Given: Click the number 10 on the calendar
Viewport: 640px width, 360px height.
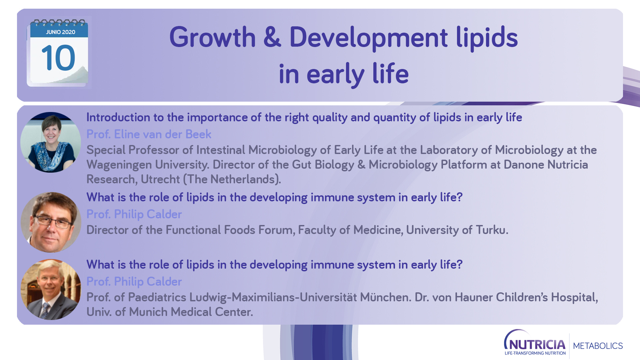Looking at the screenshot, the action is pos(58,58).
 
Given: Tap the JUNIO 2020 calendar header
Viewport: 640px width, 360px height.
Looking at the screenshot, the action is pos(60,32).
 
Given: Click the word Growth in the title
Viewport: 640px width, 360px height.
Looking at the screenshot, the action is pos(212,37).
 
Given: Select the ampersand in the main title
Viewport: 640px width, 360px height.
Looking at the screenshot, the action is pos(272,37).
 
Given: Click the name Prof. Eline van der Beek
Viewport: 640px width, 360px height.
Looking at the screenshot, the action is pos(149,134).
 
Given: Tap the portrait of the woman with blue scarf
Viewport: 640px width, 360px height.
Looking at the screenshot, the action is pos(51,142).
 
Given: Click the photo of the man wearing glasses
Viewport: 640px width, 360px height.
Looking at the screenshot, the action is pos(51,222).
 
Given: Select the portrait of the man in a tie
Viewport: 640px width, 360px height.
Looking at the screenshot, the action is pos(51,290).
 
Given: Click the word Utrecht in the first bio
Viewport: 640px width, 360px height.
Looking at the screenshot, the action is pos(160,179).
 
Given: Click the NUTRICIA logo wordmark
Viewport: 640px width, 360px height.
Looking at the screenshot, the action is pos(535,343).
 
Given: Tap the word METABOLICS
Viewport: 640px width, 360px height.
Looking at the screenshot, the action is pos(598,346).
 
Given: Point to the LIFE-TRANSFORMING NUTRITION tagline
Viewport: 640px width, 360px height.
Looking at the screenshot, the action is pos(535,353).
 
